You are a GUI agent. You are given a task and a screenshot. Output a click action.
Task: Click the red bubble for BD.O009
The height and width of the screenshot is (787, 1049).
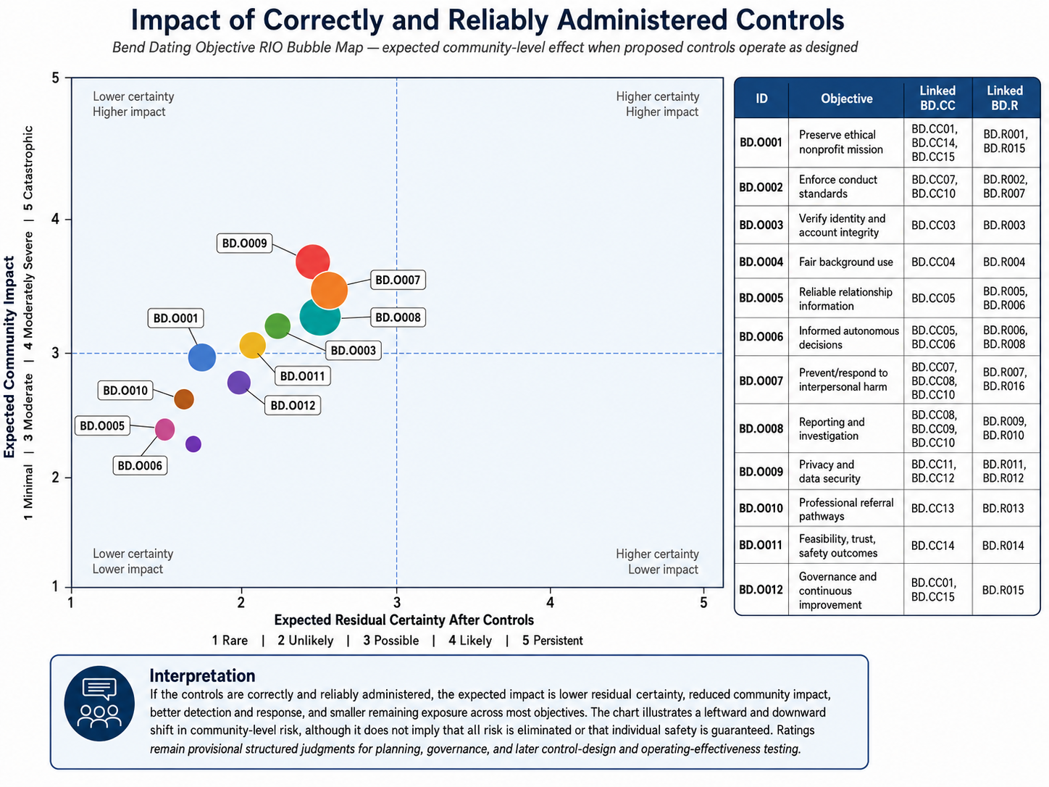coord(312,262)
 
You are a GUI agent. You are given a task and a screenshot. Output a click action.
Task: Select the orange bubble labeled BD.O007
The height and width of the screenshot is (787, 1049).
coord(330,290)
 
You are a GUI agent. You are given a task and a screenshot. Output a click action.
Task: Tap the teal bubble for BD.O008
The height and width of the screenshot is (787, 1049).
coord(319,317)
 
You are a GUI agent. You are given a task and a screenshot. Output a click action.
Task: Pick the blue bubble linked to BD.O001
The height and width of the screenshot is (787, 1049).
coord(201,357)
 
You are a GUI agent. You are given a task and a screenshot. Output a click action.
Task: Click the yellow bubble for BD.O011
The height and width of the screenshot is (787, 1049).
coord(252,346)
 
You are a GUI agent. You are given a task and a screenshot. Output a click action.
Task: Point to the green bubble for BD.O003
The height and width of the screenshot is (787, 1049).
coord(277,326)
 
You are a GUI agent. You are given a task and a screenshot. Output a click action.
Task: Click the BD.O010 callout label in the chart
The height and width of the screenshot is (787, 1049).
coord(125,391)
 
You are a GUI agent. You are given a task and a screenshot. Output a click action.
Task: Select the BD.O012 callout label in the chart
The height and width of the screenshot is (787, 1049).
coord(293,405)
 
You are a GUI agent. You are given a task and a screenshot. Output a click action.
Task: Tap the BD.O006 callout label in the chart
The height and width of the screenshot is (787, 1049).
coord(140,465)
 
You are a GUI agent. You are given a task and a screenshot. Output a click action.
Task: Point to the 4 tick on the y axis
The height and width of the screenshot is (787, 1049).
coord(56,220)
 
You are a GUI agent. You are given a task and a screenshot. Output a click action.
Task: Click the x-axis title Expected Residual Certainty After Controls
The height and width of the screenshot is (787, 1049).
coord(404,620)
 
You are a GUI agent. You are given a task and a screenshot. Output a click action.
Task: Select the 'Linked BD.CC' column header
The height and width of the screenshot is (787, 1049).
coord(937,98)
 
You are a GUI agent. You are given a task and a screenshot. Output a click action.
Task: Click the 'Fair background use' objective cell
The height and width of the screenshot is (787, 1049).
coord(846,262)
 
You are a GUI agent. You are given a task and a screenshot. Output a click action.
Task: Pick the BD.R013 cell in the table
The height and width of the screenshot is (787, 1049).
coord(1003,508)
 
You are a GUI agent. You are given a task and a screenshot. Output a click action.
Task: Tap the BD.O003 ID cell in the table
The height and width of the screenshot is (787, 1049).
coord(761,225)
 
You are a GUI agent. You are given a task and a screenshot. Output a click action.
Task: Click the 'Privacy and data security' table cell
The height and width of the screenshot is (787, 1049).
coord(829,471)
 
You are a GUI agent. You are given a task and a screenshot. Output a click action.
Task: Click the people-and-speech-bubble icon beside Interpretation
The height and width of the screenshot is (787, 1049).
coord(99,704)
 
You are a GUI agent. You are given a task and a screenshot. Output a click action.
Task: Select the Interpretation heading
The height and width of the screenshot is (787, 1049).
coord(202,675)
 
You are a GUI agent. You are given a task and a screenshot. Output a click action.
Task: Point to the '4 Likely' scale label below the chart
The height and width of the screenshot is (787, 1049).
coord(469,641)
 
